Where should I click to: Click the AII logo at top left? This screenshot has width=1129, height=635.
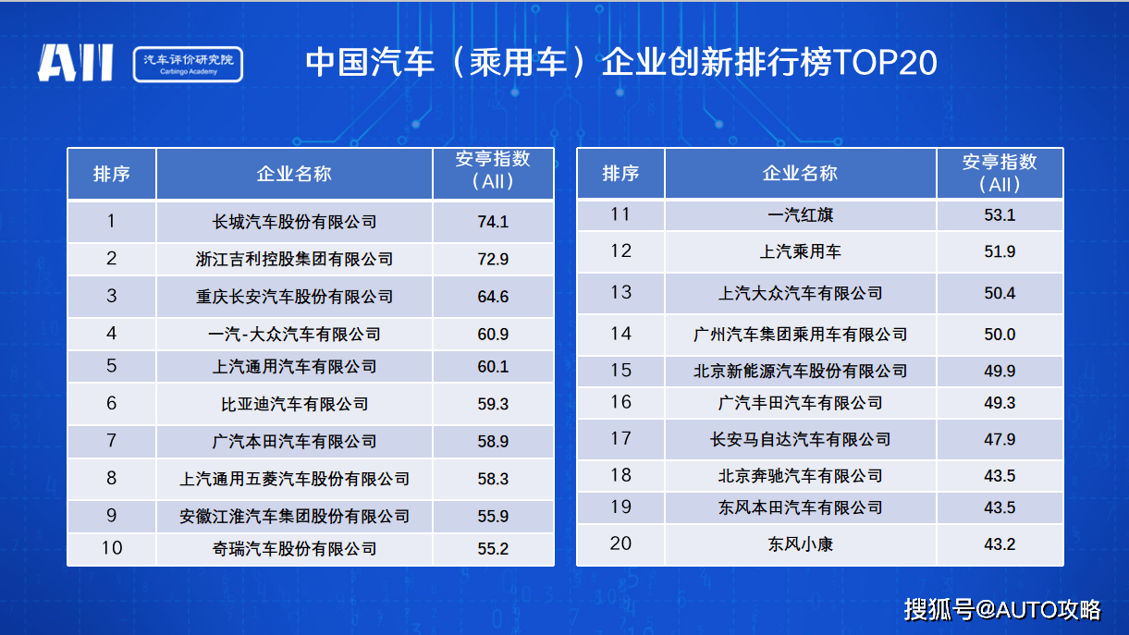(76, 63)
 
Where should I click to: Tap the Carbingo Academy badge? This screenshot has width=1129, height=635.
(188, 64)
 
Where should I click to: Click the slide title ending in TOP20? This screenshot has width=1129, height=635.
(621, 63)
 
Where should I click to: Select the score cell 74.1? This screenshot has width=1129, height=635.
(493, 222)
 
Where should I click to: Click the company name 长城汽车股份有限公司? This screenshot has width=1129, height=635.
(294, 222)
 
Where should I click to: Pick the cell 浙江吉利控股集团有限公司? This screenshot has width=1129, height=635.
(294, 259)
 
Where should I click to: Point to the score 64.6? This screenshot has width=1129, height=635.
(493, 297)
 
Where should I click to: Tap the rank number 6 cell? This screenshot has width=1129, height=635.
(112, 403)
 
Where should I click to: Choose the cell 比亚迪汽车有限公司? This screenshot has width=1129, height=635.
(294, 404)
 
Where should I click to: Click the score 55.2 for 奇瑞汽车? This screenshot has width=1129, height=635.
(493, 548)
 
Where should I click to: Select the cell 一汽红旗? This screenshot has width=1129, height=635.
(800, 214)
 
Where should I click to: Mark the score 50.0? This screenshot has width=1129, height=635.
(1000, 334)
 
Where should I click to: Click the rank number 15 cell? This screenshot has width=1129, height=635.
(620, 370)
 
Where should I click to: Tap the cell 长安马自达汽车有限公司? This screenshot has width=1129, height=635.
(800, 439)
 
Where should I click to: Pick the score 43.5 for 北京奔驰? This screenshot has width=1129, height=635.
(1000, 475)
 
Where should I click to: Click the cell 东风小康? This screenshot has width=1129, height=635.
(800, 544)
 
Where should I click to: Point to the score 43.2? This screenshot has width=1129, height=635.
(1000, 544)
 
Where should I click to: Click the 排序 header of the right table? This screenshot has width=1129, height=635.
(620, 173)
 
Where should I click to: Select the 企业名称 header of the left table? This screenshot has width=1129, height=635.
(294, 174)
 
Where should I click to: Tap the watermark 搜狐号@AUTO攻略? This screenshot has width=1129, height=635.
(1002, 609)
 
